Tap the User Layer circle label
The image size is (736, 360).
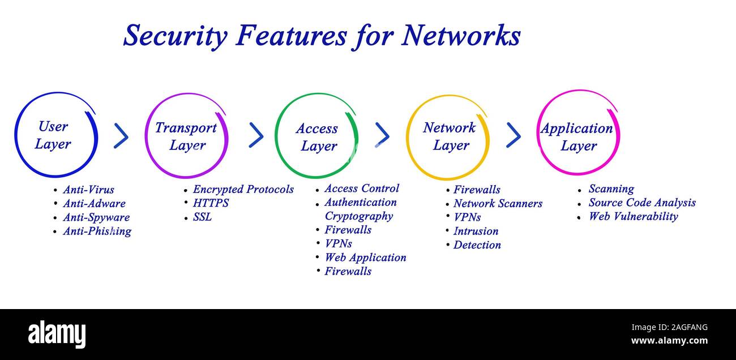(x=53, y=135)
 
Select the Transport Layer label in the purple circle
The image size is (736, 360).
(x=186, y=136)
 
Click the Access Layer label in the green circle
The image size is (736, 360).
(x=317, y=138)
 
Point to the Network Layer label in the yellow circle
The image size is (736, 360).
(x=450, y=136)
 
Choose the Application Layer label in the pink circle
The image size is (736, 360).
(x=577, y=137)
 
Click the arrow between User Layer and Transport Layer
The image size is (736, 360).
(x=121, y=136)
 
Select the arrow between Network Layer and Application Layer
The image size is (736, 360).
(x=514, y=135)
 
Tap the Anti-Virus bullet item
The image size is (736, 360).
(x=88, y=190)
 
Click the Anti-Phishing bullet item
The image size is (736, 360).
(x=97, y=231)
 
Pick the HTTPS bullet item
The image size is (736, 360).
(x=211, y=203)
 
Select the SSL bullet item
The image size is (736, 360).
(x=202, y=217)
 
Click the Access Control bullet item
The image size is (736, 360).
(x=361, y=188)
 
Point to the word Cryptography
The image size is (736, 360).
(x=358, y=216)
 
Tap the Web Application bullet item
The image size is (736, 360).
(x=365, y=258)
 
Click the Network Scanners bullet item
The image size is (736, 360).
(x=498, y=203)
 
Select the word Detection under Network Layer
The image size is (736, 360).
(x=477, y=245)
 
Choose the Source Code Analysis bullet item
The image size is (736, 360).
(x=642, y=203)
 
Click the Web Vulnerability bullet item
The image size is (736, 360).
(x=633, y=216)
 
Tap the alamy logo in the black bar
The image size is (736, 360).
(x=57, y=333)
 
